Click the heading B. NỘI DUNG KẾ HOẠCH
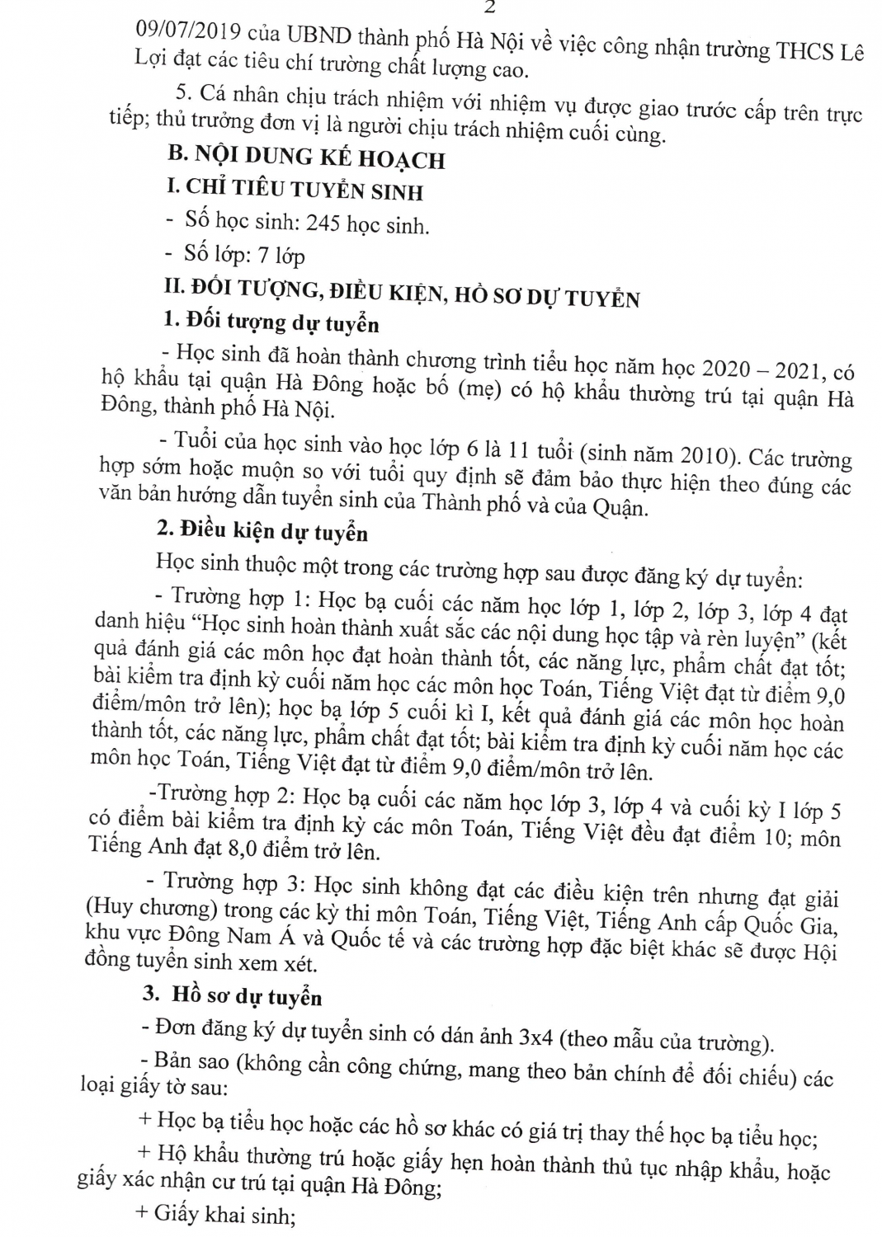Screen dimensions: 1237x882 tap(305, 158)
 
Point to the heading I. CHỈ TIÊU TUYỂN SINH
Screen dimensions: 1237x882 tap(295, 190)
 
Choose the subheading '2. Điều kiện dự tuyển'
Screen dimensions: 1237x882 tap(262, 532)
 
